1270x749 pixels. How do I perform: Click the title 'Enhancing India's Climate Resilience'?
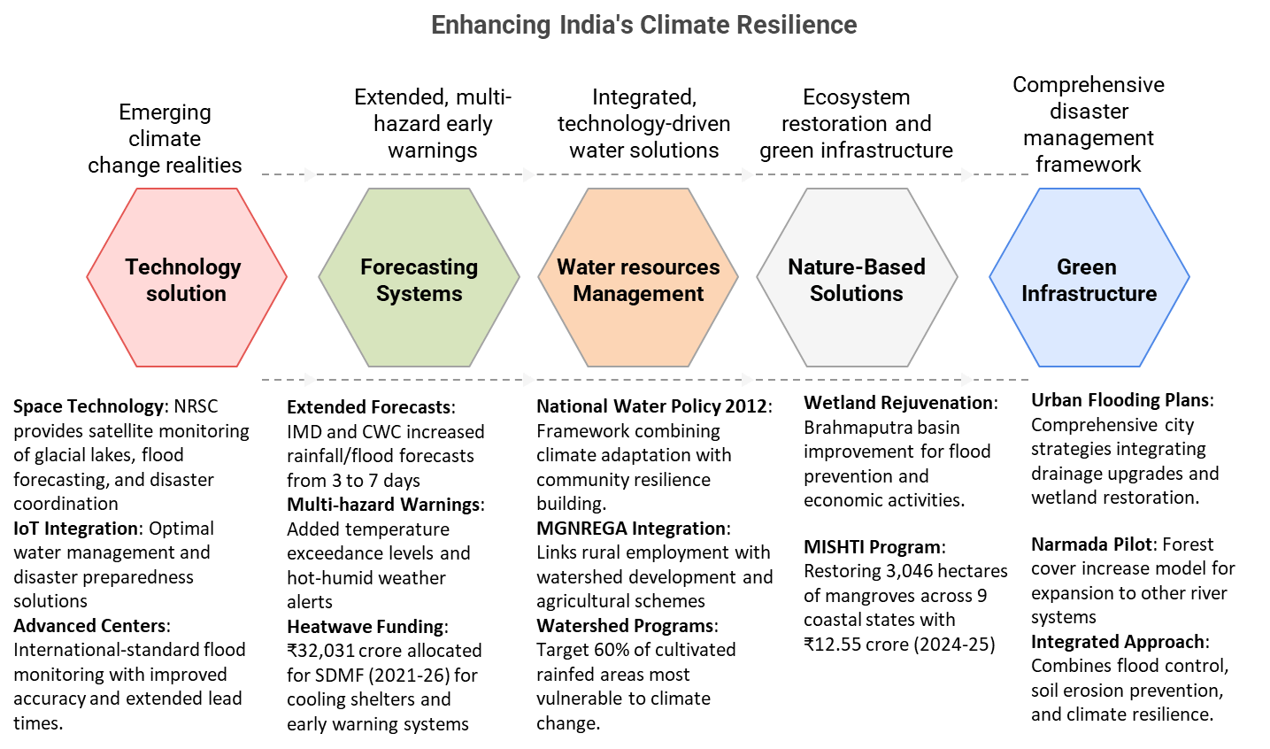tap(643, 24)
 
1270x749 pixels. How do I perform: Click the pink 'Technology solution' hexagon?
tap(186, 278)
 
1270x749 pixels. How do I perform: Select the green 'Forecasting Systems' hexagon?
tap(419, 278)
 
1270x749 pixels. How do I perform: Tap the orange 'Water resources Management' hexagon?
tap(638, 278)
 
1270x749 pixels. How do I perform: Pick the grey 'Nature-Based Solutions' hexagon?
tap(856, 278)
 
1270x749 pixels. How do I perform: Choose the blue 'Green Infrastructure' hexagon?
tap(1089, 278)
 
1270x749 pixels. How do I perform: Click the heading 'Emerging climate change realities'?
tap(165, 139)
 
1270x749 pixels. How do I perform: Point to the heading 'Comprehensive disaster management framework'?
tap(1089, 124)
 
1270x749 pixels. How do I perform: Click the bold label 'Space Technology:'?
tap(89, 406)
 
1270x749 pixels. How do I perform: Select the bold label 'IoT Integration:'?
tap(77, 529)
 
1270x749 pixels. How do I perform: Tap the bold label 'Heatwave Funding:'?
tap(367, 627)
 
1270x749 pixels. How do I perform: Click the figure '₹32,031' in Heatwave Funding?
tap(320, 651)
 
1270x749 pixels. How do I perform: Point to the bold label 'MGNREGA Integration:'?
tap(633, 529)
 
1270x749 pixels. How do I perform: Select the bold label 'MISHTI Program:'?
tap(874, 547)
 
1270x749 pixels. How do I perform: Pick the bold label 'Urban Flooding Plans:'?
tap(1121, 400)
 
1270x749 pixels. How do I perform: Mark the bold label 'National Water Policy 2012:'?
tap(654, 406)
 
